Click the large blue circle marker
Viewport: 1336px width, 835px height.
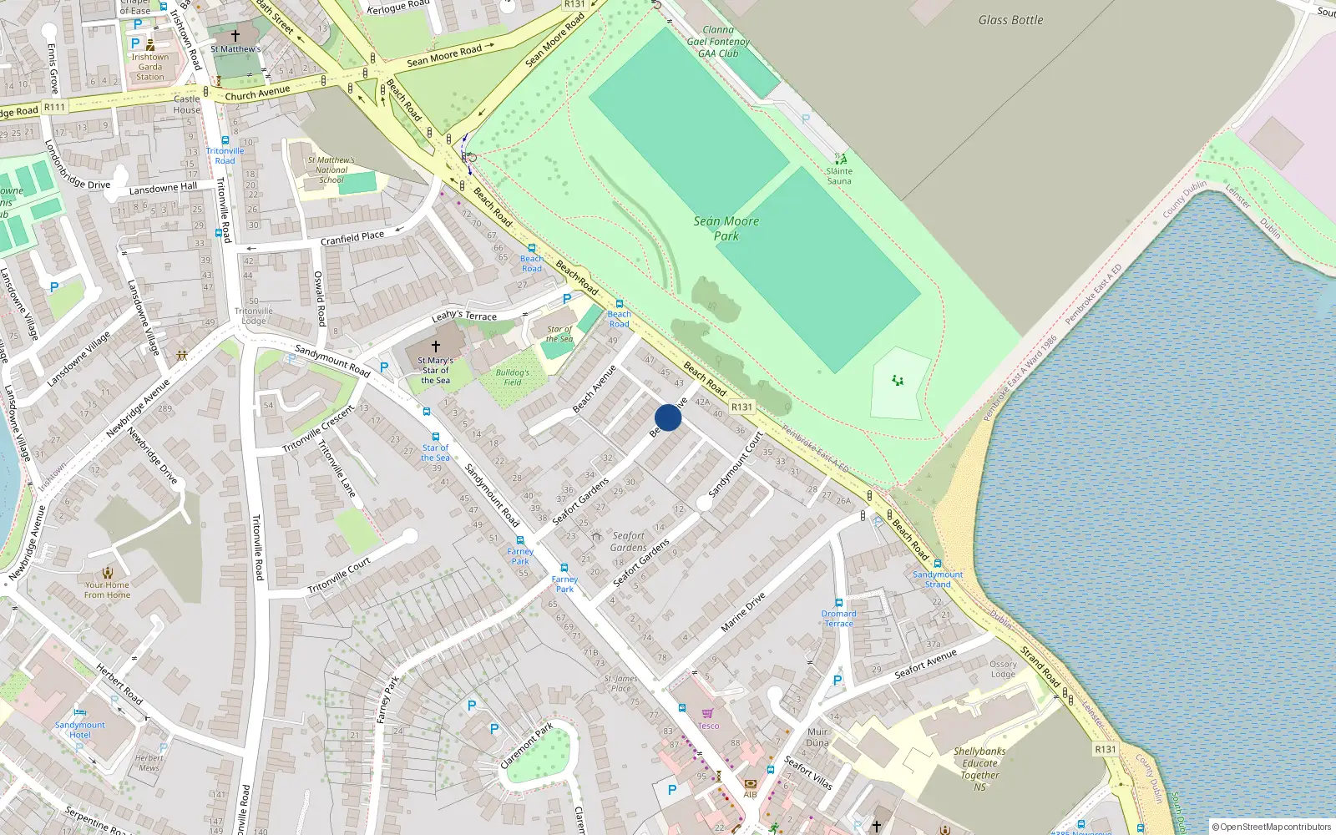(668, 417)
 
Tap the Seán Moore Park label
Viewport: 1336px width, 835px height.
(726, 228)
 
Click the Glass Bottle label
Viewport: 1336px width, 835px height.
(1010, 20)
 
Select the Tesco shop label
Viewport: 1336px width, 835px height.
(708, 726)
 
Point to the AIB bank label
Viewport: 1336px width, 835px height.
(750, 794)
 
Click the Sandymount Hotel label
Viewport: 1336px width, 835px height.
(80, 730)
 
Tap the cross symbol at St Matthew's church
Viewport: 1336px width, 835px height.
(235, 36)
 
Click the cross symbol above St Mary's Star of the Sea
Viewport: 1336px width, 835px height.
(435, 346)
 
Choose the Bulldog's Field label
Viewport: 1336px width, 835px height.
(512, 377)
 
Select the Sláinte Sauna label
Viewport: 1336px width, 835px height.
(839, 176)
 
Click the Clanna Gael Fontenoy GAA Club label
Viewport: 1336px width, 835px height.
(718, 42)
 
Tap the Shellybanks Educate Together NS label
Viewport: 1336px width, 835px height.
(979, 768)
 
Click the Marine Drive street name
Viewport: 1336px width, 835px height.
(742, 612)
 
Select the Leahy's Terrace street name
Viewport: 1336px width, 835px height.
(464, 315)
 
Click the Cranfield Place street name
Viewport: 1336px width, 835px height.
(352, 239)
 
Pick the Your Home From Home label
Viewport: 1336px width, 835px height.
(107, 590)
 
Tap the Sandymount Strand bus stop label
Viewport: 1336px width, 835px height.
(938, 579)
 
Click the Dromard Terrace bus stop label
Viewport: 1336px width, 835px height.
(839, 618)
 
